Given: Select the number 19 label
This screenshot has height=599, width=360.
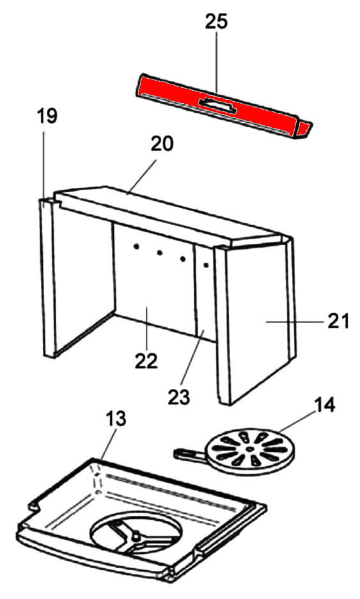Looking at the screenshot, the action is coord(47,116).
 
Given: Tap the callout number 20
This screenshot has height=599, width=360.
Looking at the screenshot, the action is coord(162,143).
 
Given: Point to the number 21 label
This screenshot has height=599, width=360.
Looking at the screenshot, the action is coord(338,321).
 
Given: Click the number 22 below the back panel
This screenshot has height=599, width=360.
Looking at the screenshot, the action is coord(146,360).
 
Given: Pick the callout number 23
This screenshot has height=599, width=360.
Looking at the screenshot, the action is coord(178,397).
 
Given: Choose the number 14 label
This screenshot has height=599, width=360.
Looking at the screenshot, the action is coord(324,405).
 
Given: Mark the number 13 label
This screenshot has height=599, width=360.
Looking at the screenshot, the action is coord(115,419).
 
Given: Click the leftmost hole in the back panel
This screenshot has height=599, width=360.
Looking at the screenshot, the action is coord(135,248).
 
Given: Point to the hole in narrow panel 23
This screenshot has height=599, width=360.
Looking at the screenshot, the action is coord(206,264).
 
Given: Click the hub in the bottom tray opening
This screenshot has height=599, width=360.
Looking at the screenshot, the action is coord(134,537).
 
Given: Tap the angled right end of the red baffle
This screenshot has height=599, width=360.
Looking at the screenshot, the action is coord(304,129).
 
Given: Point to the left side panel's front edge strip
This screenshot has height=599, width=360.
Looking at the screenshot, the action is coord(47,278).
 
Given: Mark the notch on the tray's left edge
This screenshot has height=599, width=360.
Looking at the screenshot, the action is coord(35,507).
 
